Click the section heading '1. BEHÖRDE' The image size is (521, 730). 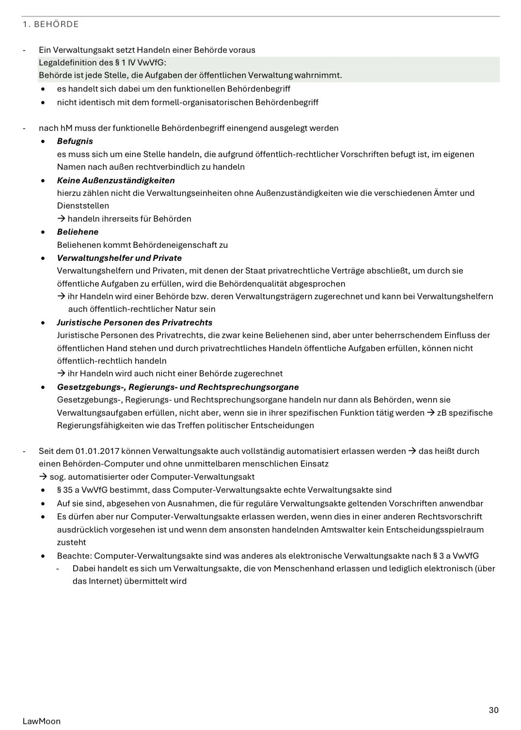pos(50,24)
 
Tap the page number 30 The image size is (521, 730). pos(493,710)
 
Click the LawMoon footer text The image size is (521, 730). pos(42,721)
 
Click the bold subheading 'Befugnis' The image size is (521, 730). pos(75,141)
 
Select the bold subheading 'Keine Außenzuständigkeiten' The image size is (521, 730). pos(116,180)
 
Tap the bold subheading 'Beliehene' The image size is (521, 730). pos(78,232)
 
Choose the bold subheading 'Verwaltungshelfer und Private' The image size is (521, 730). pos(119,258)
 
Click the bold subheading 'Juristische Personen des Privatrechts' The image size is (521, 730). pos(134,323)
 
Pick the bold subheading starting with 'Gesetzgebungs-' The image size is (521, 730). pos(177,387)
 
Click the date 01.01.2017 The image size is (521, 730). pos(97,451)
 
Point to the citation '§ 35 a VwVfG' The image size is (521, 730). pos(82,490)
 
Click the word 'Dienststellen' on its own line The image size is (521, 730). pos(83,206)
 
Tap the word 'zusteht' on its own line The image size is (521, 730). pos(71,542)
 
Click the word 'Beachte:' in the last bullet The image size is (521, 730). pos(74,556)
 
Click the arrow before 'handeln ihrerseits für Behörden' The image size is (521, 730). pos(61,219)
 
